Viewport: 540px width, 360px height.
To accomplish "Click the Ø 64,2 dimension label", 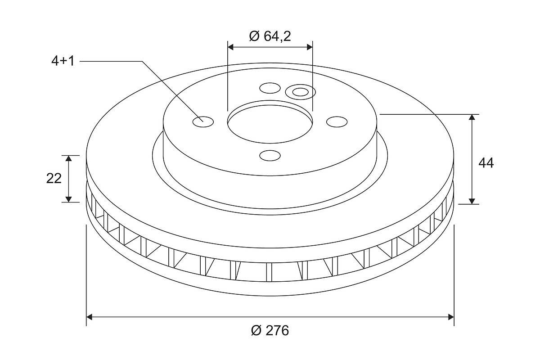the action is pos(270,36).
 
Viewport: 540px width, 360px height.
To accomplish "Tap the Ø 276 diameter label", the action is pos(270,331).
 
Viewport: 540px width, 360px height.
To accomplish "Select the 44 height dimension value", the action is pos(486,163).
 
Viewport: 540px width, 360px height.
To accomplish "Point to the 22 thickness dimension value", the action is pos(54,179).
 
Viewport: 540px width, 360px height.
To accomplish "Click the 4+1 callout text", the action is pos(63,61).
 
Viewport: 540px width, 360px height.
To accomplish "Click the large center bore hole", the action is pos(270,124).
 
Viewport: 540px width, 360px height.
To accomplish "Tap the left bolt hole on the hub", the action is pos(203,122).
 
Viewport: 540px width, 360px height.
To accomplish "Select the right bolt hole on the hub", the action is pos(337,122).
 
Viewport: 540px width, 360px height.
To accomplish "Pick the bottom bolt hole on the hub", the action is pos(270,156).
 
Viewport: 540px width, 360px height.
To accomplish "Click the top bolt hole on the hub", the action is pos(270,88).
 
